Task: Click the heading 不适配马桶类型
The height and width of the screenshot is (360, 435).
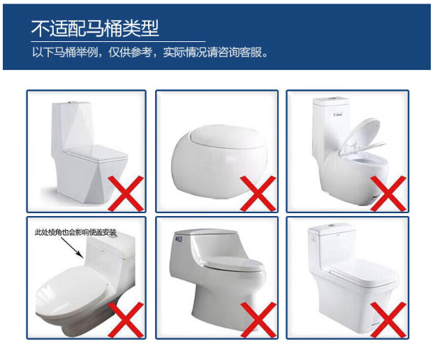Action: [x=95, y=29]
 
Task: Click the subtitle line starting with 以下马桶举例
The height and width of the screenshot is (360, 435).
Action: [x=150, y=52]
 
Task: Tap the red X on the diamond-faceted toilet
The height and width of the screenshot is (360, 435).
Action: [x=126, y=194]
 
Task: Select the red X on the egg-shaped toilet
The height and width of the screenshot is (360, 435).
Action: [x=258, y=194]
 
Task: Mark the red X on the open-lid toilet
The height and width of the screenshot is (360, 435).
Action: [x=388, y=194]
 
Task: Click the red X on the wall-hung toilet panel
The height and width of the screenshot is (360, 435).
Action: [x=126, y=320]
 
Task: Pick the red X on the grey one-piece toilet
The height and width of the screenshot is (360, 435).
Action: [x=258, y=320]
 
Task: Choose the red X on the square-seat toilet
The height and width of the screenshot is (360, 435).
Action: [x=388, y=320]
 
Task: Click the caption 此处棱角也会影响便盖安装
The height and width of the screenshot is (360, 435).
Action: [x=75, y=232]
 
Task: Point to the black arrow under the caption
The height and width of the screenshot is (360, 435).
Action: [x=71, y=247]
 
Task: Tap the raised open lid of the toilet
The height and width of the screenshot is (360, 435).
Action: [x=360, y=136]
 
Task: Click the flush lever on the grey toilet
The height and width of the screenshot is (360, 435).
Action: [x=178, y=238]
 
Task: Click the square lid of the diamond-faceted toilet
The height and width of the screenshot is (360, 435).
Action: [x=96, y=152]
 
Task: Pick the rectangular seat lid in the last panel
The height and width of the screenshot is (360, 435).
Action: [x=363, y=273]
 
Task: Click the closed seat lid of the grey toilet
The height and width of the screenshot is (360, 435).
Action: [x=235, y=264]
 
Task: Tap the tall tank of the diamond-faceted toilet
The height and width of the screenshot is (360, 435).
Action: [x=72, y=127]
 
